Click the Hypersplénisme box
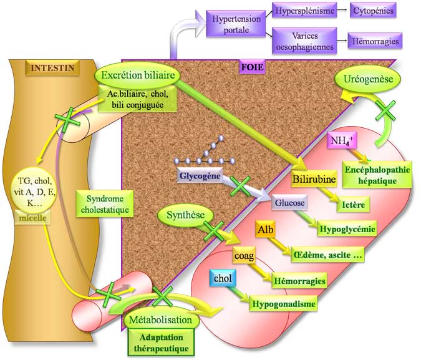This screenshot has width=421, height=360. coord(304,11)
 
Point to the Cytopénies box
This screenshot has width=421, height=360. coord(372,11)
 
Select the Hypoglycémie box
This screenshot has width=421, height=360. coord(347,229)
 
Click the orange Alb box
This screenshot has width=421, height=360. coord(264,231)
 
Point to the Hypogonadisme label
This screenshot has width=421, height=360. coord(283,304)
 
